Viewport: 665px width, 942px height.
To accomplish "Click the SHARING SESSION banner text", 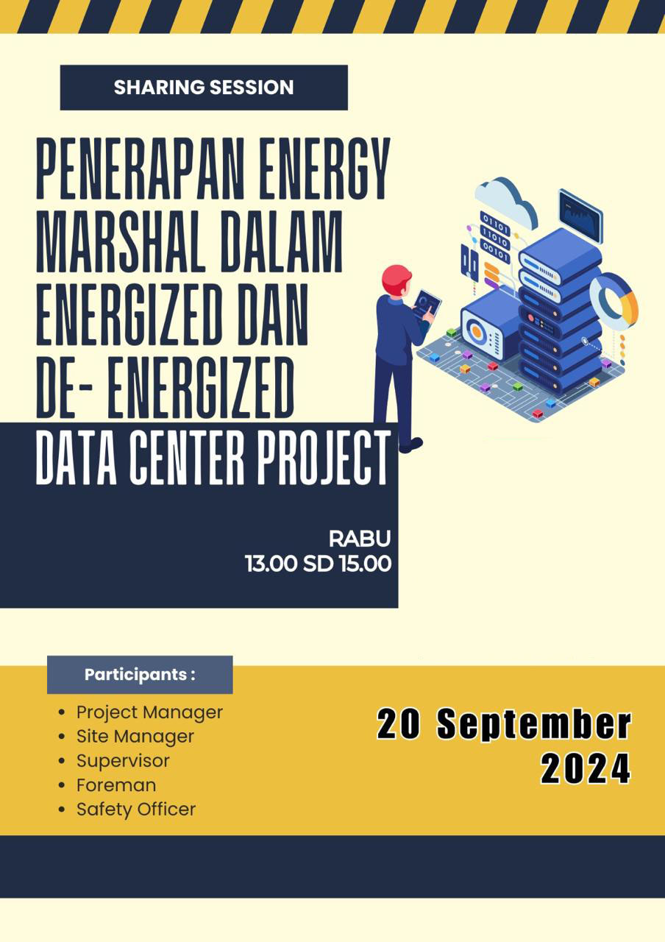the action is (204, 88).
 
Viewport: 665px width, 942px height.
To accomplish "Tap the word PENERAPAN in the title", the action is (141, 169).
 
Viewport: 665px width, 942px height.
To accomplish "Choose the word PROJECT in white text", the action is (324, 458).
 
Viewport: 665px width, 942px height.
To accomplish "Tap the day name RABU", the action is (360, 539).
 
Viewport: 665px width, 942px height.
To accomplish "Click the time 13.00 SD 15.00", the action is (319, 564).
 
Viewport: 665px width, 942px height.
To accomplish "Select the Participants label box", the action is (140, 675).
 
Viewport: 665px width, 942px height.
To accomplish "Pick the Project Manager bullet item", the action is (149, 712).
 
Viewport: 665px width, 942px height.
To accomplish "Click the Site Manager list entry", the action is (135, 737).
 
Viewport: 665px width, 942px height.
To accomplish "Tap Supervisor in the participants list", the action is (123, 761).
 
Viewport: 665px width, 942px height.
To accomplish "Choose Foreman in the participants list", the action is (116, 785).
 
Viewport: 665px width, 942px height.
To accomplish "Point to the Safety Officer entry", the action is (136, 810).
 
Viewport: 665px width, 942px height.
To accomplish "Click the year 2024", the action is (586, 768).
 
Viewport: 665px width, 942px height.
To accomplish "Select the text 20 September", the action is (504, 723).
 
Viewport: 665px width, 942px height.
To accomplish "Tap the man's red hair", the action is (396, 278).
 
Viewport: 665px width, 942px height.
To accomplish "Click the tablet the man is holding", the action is (427, 304).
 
